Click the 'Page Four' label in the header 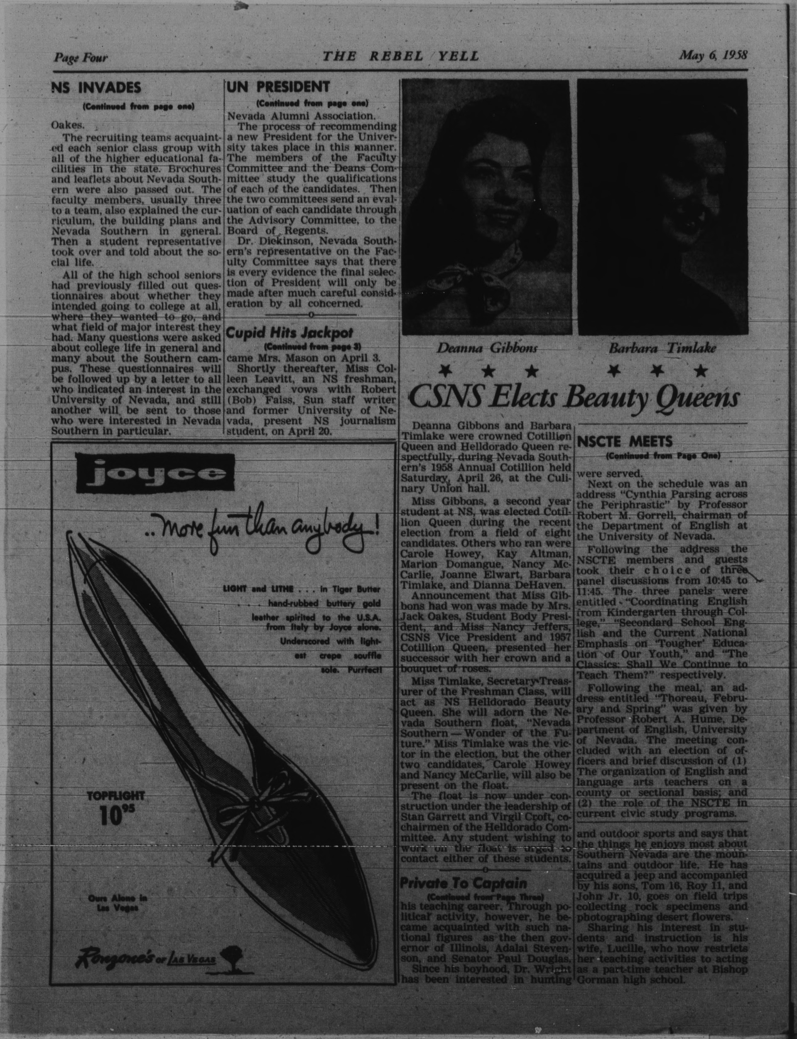tap(81, 58)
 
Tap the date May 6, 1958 tap(713, 55)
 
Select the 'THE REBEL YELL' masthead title tap(401, 57)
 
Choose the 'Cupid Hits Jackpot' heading tap(283, 333)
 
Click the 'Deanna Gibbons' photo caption tap(487, 348)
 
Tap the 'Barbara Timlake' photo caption tap(662, 348)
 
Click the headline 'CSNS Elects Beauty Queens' tap(573, 398)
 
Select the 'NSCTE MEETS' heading tap(625, 442)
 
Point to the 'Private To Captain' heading tap(463, 883)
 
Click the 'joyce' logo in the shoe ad tap(154, 473)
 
